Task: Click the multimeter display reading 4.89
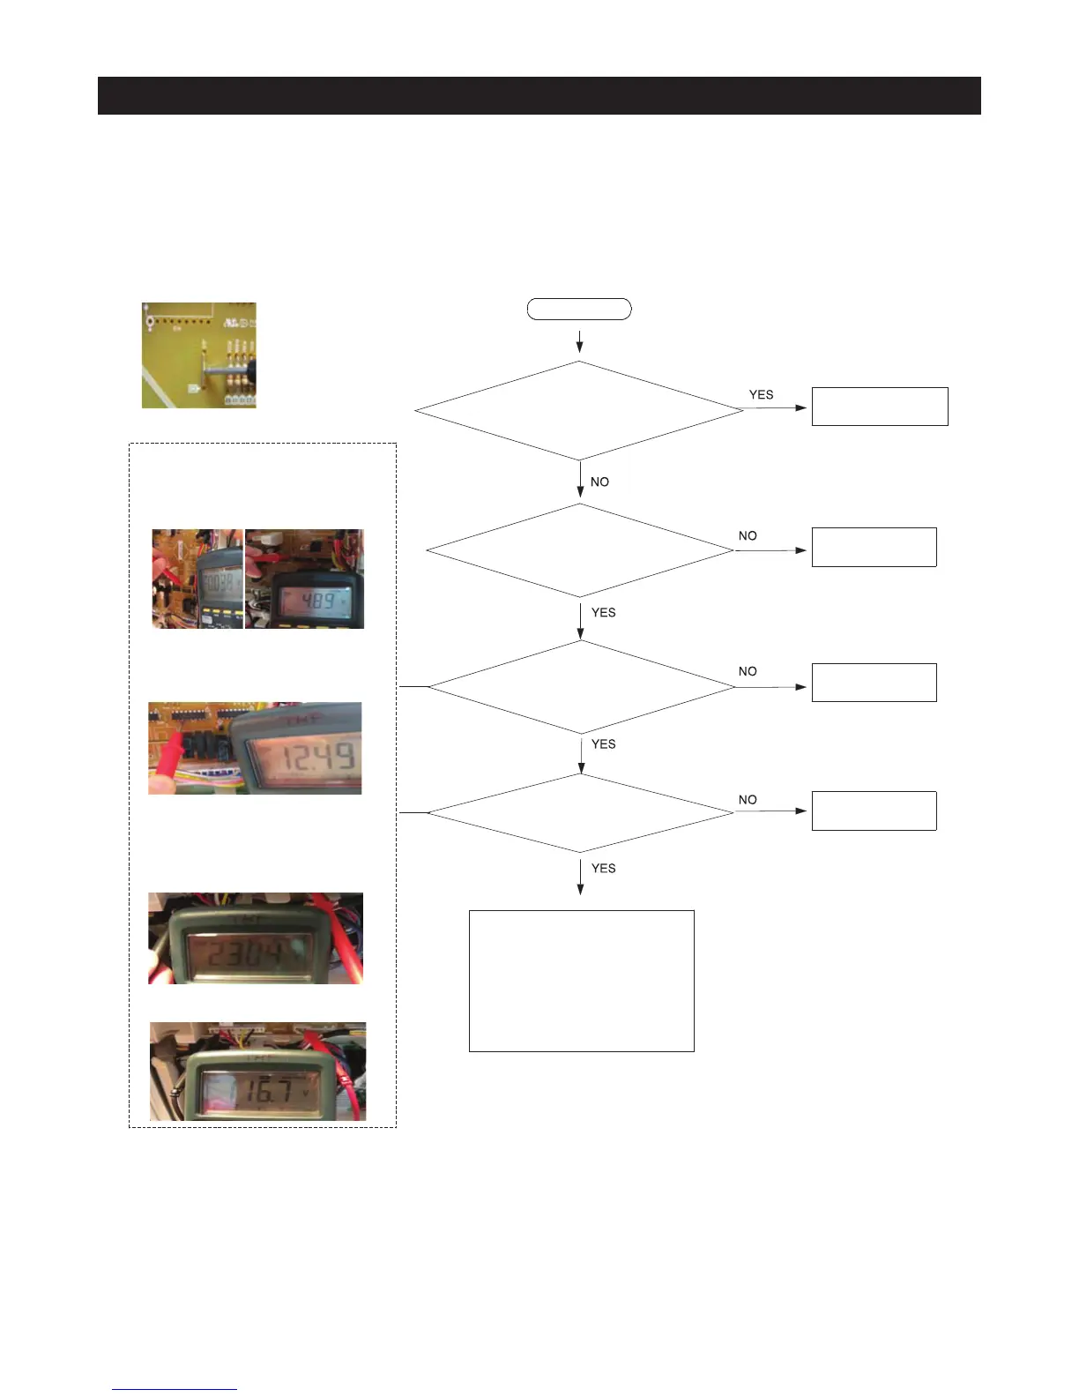tap(317, 601)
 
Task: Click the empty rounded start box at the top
tap(578, 309)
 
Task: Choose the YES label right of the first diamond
tap(761, 394)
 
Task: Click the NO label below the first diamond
tap(599, 482)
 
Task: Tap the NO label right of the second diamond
tap(748, 535)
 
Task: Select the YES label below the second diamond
tap(603, 612)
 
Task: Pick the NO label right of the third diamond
tap(748, 671)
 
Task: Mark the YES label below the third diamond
tap(603, 743)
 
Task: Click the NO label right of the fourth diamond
tap(748, 799)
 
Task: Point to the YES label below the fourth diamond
tap(603, 868)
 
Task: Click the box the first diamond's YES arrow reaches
tap(879, 407)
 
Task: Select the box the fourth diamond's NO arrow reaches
tap(874, 811)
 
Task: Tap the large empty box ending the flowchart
tap(581, 981)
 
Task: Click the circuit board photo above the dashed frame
tap(199, 355)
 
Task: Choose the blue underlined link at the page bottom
tap(175, 1389)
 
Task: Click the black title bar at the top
tap(539, 95)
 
